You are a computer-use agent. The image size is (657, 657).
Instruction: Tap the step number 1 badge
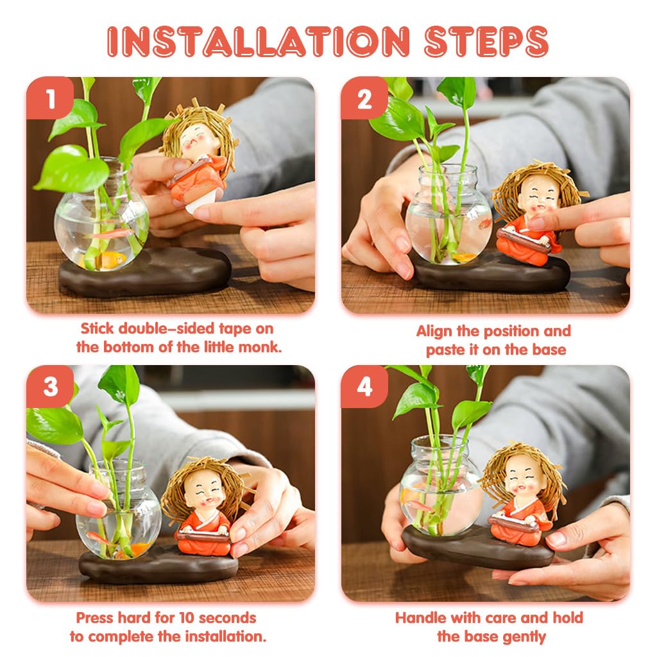(50, 99)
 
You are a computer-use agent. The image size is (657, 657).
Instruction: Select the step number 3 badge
(50, 387)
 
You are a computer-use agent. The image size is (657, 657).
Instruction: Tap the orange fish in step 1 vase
(114, 259)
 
